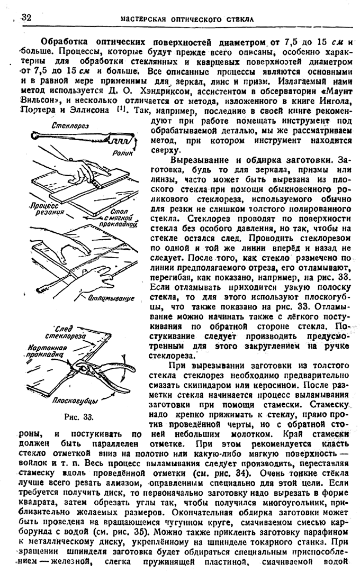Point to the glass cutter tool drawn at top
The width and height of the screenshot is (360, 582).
79,138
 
